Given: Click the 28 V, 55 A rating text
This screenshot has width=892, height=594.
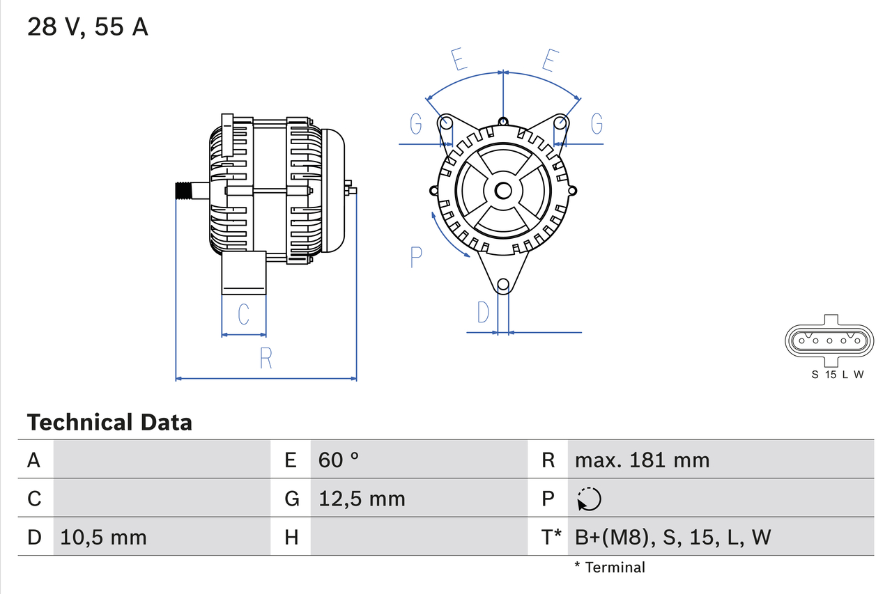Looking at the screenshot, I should click(87, 27).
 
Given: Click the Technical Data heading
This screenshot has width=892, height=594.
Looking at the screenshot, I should click(109, 422).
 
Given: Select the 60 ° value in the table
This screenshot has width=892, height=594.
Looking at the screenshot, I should click(339, 460).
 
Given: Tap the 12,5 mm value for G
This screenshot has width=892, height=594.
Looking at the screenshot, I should click(362, 499).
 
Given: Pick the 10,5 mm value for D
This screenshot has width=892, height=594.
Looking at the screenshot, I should click(103, 537).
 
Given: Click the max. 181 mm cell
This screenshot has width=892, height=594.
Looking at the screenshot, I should click(642, 460).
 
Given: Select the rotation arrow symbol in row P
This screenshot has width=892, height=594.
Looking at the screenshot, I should click(590, 499).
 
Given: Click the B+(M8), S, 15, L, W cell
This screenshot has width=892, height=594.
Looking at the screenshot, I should click(673, 537).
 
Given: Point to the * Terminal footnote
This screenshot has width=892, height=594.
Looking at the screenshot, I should click(610, 567).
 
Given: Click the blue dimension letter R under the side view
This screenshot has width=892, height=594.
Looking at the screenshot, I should click(266, 358).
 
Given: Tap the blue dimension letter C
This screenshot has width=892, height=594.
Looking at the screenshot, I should click(243, 315).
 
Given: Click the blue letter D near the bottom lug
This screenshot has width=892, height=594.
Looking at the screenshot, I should click(483, 313).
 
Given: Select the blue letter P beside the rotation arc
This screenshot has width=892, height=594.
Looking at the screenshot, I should click(416, 257).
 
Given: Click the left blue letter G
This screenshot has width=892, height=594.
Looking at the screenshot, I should click(416, 124).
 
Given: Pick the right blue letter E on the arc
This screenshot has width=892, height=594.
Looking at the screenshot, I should click(549, 61).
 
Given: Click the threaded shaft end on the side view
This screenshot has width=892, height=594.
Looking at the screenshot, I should click(183, 191).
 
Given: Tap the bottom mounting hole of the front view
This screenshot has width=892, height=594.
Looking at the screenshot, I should click(503, 284).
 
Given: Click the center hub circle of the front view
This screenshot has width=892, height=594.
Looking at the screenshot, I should click(503, 191).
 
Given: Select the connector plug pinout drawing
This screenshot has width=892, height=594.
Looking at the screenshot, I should click(829, 341).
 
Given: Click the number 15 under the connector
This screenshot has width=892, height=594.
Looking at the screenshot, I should click(830, 375).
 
